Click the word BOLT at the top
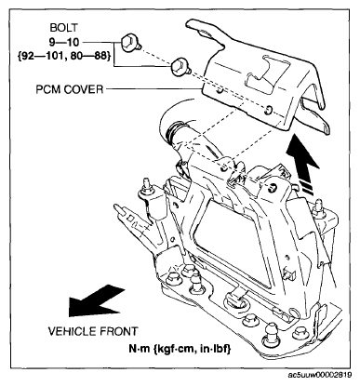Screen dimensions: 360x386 63,28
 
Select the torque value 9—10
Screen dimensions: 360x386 64,42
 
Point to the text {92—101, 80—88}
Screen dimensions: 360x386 64,56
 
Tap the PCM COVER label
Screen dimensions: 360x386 69,89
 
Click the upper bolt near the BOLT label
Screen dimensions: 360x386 130,44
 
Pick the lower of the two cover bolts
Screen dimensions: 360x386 180,67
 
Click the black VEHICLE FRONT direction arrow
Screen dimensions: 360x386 96,300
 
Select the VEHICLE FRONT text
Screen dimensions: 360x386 93,331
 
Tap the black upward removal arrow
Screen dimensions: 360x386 301,166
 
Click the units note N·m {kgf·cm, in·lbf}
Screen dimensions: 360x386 180,349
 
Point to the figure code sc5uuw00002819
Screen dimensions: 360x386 320,375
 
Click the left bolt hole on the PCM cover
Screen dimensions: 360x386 220,92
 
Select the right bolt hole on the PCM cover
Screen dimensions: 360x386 269,110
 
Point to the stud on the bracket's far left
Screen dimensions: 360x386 146,185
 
